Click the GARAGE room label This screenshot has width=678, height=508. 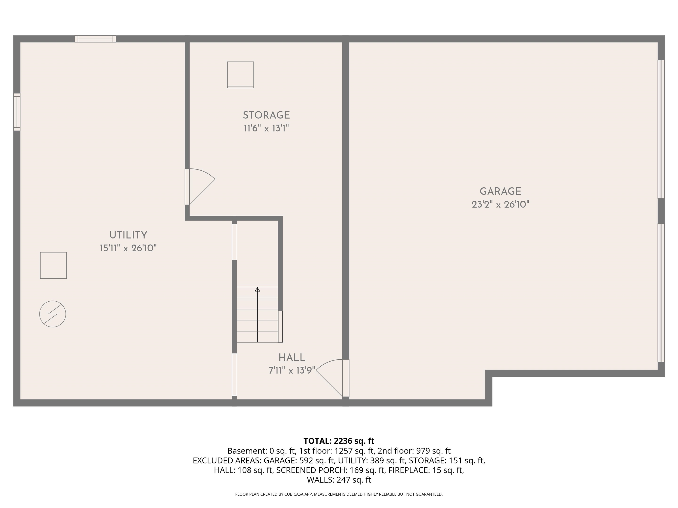[x=500, y=191]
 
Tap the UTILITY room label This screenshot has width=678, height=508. [x=128, y=235]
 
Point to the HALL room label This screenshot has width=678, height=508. [x=292, y=357]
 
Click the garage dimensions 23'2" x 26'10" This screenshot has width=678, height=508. [x=501, y=204]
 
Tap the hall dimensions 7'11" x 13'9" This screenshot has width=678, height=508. [x=292, y=370]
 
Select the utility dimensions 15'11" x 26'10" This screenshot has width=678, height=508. [x=128, y=248]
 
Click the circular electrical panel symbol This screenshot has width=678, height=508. [x=53, y=314]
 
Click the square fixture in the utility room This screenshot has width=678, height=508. [x=53, y=265]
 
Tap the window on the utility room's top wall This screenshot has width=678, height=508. [x=95, y=39]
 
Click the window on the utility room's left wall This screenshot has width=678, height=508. [x=17, y=112]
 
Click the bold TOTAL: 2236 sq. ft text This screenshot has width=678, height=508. [x=339, y=441]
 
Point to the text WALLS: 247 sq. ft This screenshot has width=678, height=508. [x=339, y=480]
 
